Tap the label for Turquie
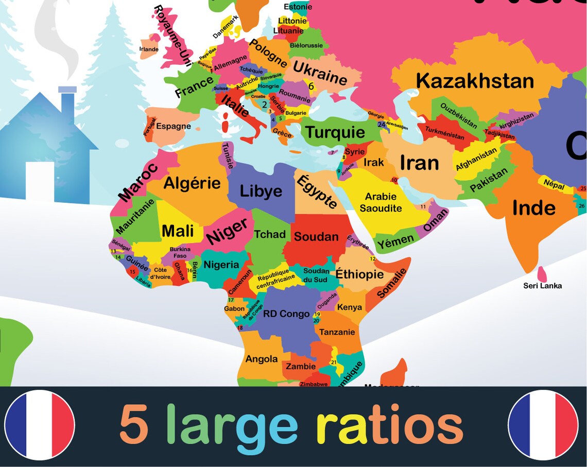click(x=335, y=133)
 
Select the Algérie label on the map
click(x=192, y=183)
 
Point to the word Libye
click(x=261, y=191)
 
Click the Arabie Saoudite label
click(x=381, y=202)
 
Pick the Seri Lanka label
click(x=542, y=286)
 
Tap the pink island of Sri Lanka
click(x=542, y=273)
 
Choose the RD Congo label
click(x=286, y=314)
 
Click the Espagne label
click(x=174, y=126)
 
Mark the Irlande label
click(x=149, y=49)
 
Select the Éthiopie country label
click(x=360, y=274)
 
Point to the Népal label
click(x=554, y=185)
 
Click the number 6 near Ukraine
click(x=311, y=87)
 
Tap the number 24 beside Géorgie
click(x=381, y=124)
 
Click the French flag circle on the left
click(x=40, y=425)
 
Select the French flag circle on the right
click(x=543, y=425)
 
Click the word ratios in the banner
click(x=389, y=425)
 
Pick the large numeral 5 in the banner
click(x=134, y=425)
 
